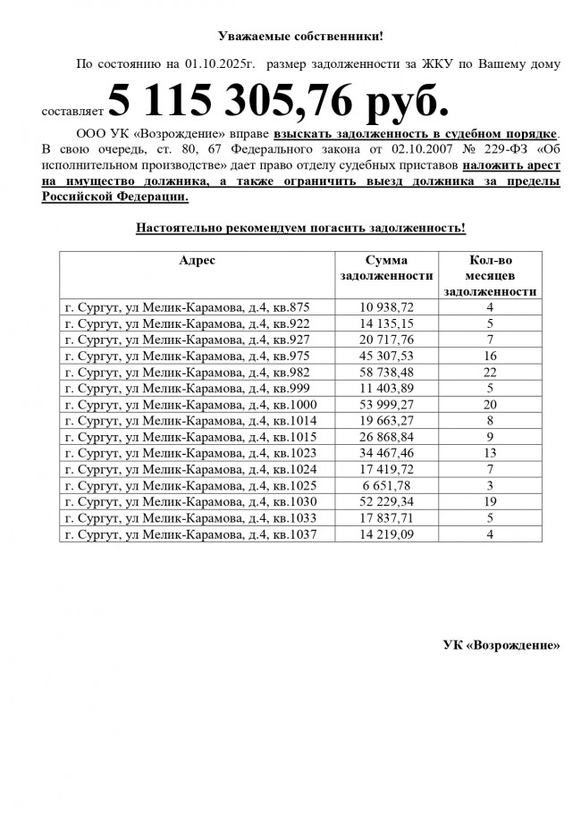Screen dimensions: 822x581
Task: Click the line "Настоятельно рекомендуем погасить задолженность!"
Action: pyautogui.click(x=300, y=228)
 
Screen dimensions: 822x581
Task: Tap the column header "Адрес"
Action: pyautogui.click(x=197, y=260)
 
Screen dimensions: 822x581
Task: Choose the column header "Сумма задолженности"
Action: pyautogui.click(x=387, y=268)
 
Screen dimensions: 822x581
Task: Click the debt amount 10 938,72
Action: pyautogui.click(x=387, y=307)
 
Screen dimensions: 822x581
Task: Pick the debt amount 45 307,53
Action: pyautogui.click(x=387, y=356)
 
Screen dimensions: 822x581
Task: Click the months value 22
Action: pyautogui.click(x=490, y=372)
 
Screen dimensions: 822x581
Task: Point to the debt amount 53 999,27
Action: pyautogui.click(x=387, y=405)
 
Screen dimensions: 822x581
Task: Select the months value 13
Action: pyautogui.click(x=490, y=453)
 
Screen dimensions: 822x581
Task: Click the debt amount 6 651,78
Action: pyautogui.click(x=387, y=485)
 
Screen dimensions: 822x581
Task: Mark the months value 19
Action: pyautogui.click(x=490, y=502)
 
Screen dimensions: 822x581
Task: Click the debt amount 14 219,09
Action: pyautogui.click(x=387, y=534)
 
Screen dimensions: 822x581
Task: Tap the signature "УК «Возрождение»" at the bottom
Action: pyautogui.click(x=501, y=645)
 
